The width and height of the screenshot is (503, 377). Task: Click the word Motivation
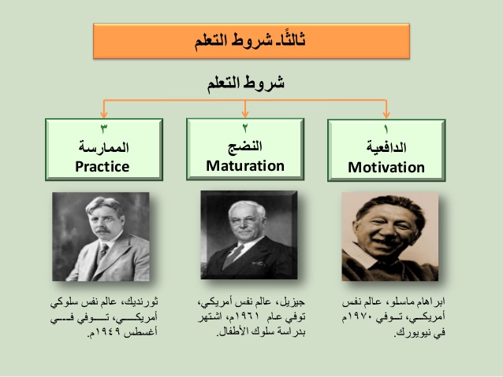pos(386,168)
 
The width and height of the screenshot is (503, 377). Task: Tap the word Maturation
pos(245,166)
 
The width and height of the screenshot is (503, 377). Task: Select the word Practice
pos(102,167)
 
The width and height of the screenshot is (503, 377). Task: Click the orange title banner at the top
pos(251,41)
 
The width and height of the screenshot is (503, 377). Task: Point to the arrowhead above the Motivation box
pos(386,115)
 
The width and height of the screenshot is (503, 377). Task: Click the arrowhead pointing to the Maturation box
pos(245,114)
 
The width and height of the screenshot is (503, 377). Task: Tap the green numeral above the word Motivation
pos(386,129)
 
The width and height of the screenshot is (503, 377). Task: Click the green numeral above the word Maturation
pos(245,128)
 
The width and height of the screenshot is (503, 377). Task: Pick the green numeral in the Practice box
pos(103,129)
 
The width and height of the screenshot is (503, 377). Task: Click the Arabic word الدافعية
pos(386,148)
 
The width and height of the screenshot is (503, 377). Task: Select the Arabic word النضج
pos(245,146)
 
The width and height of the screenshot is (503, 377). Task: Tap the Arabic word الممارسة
pos(103,148)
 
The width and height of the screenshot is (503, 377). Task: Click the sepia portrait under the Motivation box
pos(390,237)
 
